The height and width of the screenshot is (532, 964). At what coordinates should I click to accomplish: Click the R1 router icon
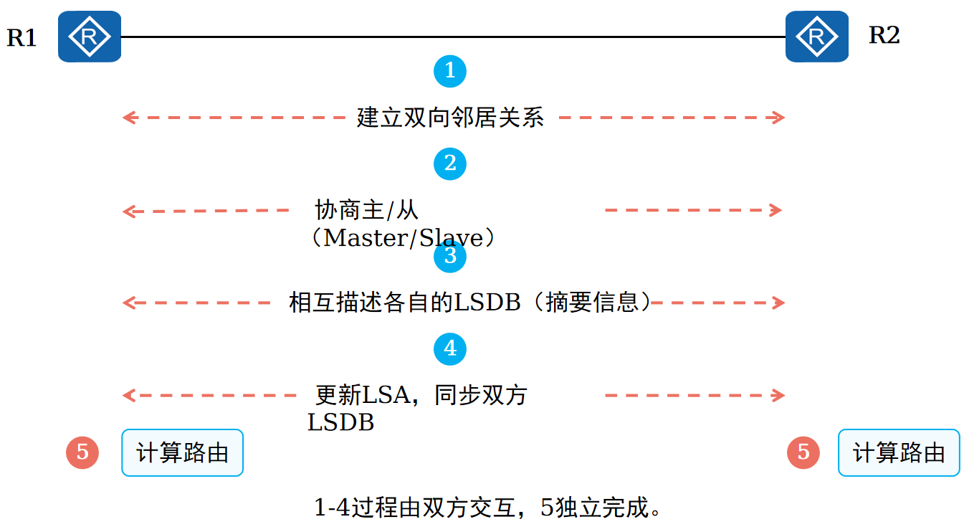coord(90,37)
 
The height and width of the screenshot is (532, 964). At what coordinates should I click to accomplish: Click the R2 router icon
coord(816,37)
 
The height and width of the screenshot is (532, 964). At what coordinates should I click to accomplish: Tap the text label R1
coord(22,38)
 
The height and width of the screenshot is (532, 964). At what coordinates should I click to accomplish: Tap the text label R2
coord(884,34)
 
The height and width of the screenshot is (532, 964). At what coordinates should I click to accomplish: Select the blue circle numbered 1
coord(450,71)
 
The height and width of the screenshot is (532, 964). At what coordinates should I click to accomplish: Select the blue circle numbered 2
coord(450,163)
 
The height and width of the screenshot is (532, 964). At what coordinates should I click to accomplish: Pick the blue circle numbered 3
coord(450,256)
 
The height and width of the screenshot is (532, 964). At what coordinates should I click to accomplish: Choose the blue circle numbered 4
coord(450,349)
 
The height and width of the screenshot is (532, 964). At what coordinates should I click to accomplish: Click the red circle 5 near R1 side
coord(82,452)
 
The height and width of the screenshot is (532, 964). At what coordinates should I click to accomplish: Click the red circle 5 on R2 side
coord(803,452)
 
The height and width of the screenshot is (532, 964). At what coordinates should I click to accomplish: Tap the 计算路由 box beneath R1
coord(183,452)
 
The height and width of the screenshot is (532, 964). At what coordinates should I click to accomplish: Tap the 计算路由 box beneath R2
coord(899,452)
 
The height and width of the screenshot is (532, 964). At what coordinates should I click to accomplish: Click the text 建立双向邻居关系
coord(450,117)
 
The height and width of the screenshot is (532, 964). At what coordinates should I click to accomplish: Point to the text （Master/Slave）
coord(401,238)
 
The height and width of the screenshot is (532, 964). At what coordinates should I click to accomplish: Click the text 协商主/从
coord(366,211)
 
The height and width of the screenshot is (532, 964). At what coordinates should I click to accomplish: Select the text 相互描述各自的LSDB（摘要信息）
coord(470,303)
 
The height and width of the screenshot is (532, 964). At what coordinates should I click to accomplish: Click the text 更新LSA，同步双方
coord(421,395)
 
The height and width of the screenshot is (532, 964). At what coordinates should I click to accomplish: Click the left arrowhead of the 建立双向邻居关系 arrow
coord(128,118)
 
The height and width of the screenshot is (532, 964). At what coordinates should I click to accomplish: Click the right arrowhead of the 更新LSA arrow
coord(780,395)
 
